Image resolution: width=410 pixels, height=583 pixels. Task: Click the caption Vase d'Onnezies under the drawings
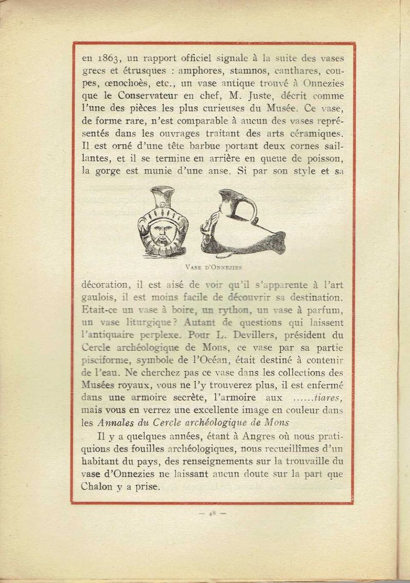[212, 267]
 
